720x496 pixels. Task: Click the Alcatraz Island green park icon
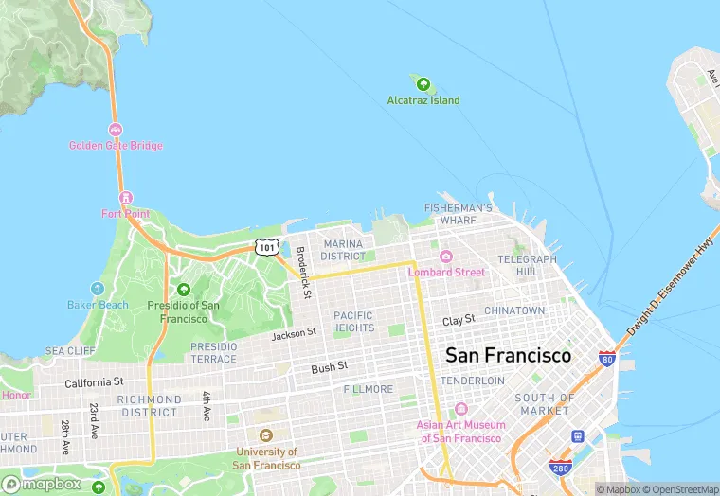pyautogui.click(x=423, y=85)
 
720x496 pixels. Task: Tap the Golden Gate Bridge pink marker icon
pyautogui.click(x=116, y=130)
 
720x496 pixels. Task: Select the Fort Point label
pyautogui.click(x=125, y=213)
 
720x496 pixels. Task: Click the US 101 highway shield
pyautogui.click(x=267, y=247)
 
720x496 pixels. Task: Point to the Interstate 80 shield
pyautogui.click(x=606, y=359)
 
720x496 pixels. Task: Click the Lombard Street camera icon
pyautogui.click(x=446, y=257)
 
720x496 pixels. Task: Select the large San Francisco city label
pyautogui.click(x=508, y=356)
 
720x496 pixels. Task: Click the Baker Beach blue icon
pyautogui.click(x=97, y=289)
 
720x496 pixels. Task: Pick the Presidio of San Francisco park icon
pyautogui.click(x=184, y=290)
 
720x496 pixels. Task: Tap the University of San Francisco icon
pyautogui.click(x=266, y=436)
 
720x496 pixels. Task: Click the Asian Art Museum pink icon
pyautogui.click(x=460, y=409)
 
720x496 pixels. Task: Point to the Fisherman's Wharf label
pyautogui.click(x=459, y=214)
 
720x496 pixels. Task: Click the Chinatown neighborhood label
pyautogui.click(x=514, y=310)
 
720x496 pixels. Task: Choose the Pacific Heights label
pyautogui.click(x=352, y=322)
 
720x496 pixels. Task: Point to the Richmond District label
pyautogui.click(x=149, y=406)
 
